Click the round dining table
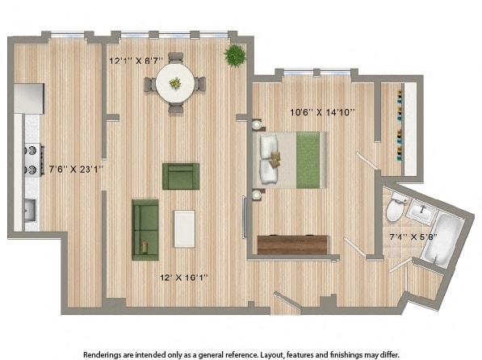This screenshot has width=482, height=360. pos(174,82)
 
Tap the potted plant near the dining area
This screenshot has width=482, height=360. pos(235,56)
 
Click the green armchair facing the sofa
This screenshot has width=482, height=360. pos(181,176)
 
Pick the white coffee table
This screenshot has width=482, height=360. pos(185,228)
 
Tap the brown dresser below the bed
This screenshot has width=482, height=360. pos(292,245)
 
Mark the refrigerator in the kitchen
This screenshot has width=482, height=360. pos(29,98)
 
